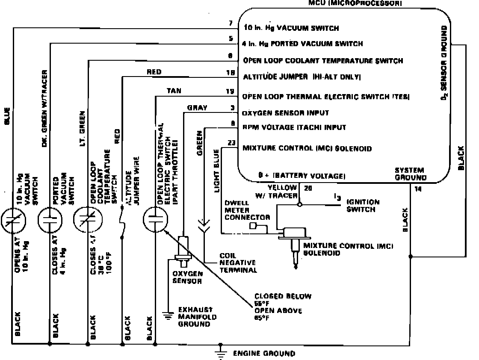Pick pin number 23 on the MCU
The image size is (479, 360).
point(231,143)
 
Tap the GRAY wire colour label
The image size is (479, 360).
point(197,108)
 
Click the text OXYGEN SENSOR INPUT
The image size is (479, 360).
point(286,113)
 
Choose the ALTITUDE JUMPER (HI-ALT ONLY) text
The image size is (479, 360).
point(302,77)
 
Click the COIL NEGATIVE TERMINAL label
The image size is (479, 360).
point(238,262)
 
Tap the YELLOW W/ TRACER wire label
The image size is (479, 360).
point(282,191)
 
